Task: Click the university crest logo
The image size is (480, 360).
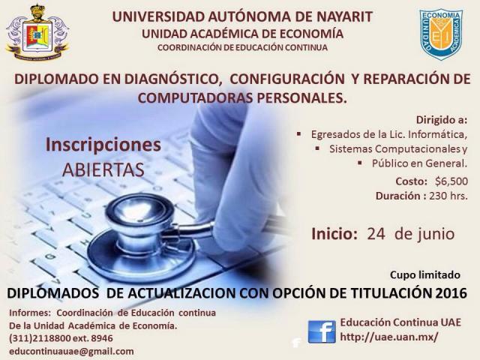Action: tap(37, 33)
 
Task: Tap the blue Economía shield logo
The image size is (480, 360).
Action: tap(441, 34)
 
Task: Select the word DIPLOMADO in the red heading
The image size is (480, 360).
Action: tap(56, 79)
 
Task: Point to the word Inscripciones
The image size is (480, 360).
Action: tap(103, 145)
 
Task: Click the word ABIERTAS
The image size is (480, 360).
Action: tap(103, 169)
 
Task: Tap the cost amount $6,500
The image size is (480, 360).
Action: tap(451, 181)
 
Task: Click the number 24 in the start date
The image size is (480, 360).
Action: tap(376, 234)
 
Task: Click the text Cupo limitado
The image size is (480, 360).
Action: tap(425, 275)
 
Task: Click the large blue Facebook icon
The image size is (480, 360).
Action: tap(322, 332)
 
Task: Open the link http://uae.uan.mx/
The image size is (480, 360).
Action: tap(389, 337)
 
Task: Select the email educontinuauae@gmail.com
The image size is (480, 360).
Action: tap(71, 351)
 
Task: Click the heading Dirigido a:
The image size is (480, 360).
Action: tap(442, 120)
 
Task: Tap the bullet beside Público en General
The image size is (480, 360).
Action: tap(360, 162)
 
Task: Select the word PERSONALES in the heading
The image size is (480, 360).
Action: tap(301, 98)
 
